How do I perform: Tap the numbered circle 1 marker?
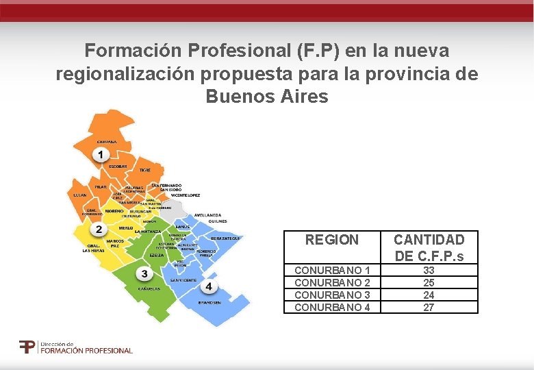[x=101, y=156]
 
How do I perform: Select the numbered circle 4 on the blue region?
[x=208, y=286]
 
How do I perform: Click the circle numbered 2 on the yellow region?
[x=99, y=229]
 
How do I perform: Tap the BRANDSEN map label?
[x=209, y=301]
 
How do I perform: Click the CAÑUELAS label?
[x=149, y=288]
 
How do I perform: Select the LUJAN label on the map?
[x=79, y=195]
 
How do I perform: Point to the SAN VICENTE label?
[x=183, y=280]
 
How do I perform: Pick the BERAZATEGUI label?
[x=225, y=238]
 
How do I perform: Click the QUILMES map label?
[x=218, y=221]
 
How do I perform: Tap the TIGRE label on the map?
[x=145, y=169]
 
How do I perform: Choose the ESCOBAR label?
[x=118, y=166]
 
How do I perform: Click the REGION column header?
[x=331, y=240]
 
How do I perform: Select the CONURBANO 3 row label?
[x=332, y=295]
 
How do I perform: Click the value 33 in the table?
[x=429, y=271]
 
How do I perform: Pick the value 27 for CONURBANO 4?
[x=429, y=308]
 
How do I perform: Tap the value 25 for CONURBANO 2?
[x=429, y=283]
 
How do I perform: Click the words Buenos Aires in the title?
[x=267, y=97]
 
